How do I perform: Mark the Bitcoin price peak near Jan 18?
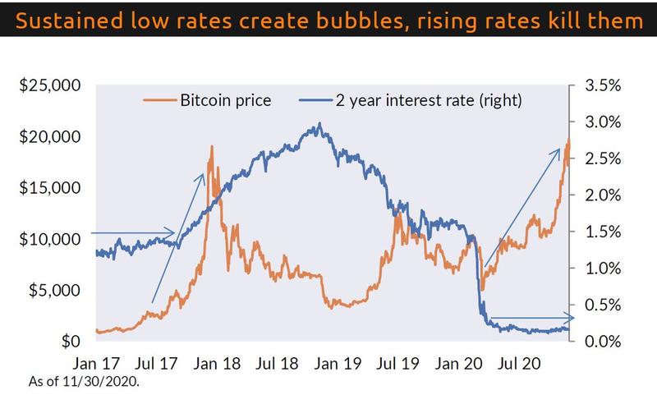click(x=212, y=147)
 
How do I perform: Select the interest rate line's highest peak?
click(x=319, y=125)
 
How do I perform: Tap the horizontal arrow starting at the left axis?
click(x=131, y=232)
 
